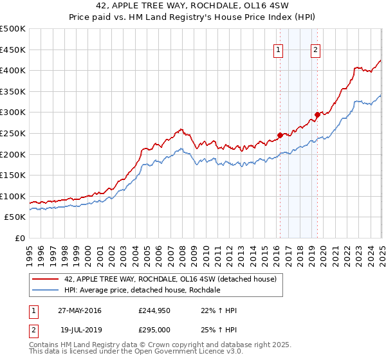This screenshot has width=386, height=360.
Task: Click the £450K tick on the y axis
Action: (x=13, y=50)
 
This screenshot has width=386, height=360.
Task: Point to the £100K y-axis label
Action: (x=13, y=196)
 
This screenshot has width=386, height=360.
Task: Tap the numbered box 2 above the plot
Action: (x=316, y=51)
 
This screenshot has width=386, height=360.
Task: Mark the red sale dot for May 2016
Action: (x=280, y=135)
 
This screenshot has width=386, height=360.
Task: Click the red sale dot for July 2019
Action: (x=317, y=114)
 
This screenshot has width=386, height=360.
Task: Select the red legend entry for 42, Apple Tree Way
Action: (x=170, y=279)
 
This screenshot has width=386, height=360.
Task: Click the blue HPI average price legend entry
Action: (x=142, y=290)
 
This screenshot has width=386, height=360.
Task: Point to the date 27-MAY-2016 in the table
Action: (x=79, y=310)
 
